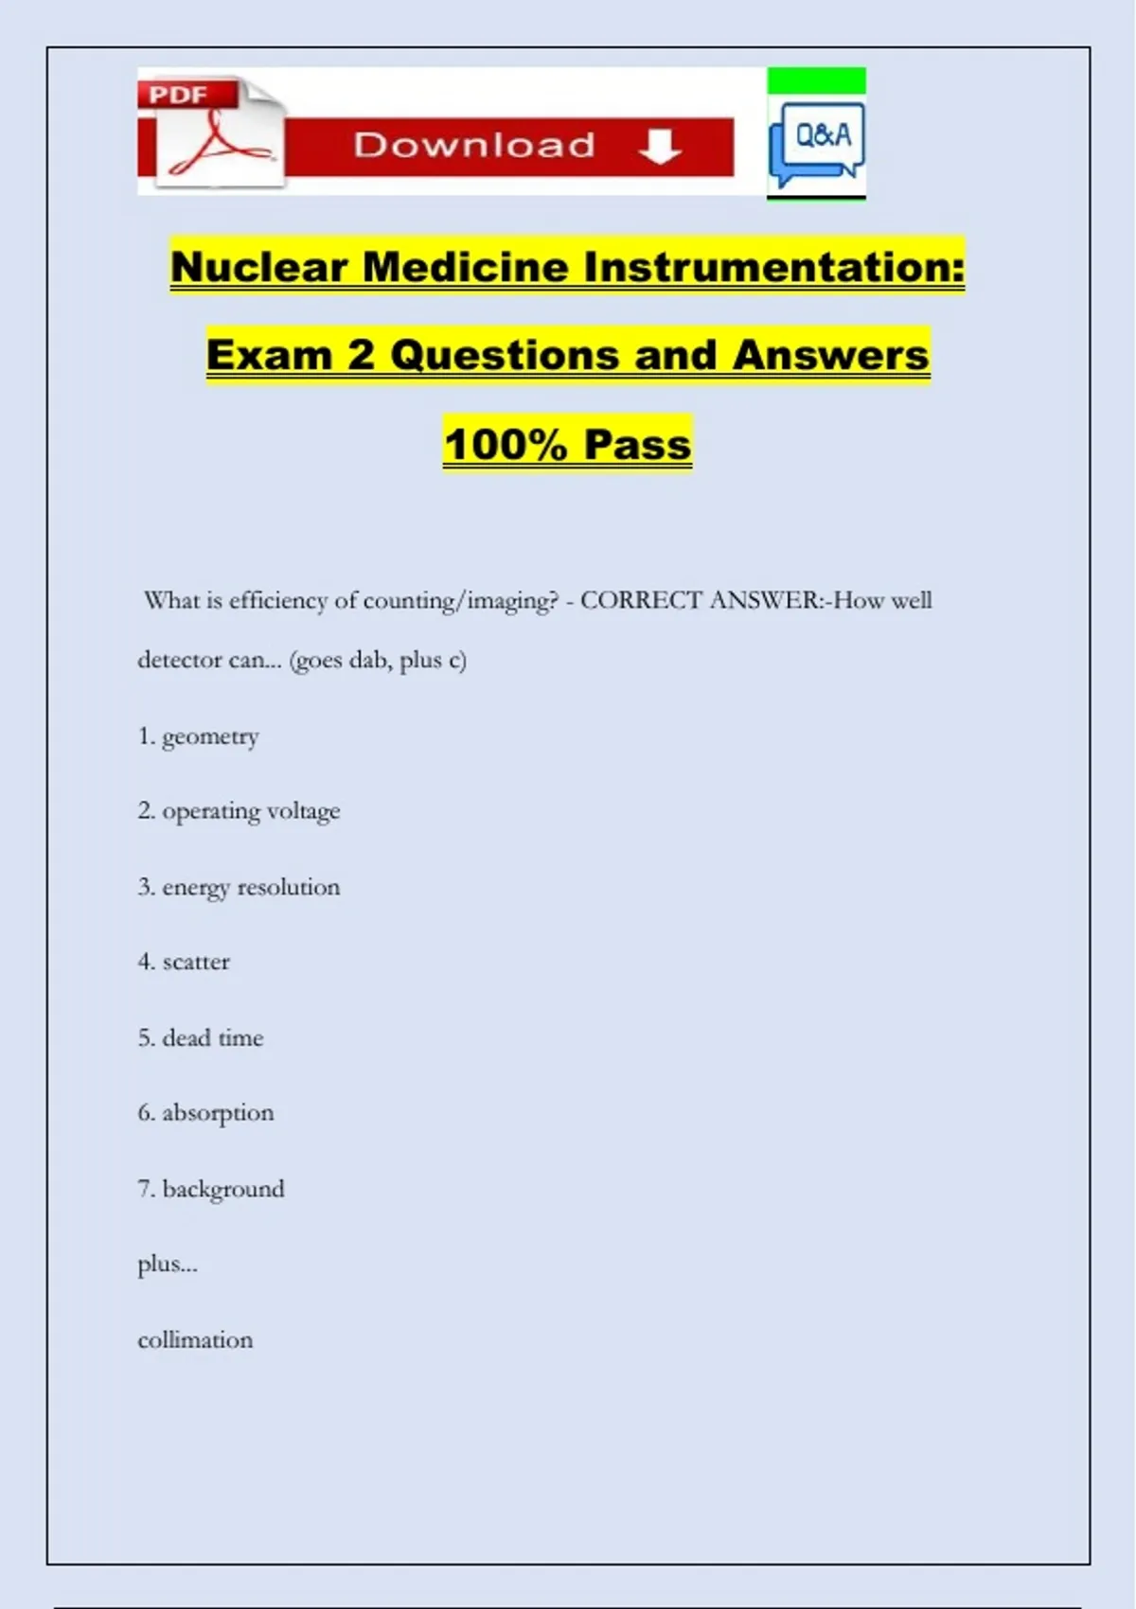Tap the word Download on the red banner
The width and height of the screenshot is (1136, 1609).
tap(474, 145)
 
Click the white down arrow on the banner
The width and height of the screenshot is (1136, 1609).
tap(660, 147)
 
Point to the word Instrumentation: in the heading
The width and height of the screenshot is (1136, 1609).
tap(774, 266)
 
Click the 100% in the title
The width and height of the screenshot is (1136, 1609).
tap(506, 444)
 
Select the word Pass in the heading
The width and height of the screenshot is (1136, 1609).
tap(637, 444)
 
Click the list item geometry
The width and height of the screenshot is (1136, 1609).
tap(209, 736)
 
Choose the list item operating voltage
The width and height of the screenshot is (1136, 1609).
tap(250, 811)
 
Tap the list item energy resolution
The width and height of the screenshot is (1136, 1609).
tap(250, 887)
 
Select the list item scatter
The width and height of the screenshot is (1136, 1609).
tap(196, 962)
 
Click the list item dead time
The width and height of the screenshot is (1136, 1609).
tap(212, 1037)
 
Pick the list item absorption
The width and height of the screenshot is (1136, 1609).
tap(218, 1113)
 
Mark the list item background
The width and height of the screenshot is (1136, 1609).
tap(222, 1189)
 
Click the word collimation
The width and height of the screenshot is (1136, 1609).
tap(195, 1339)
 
